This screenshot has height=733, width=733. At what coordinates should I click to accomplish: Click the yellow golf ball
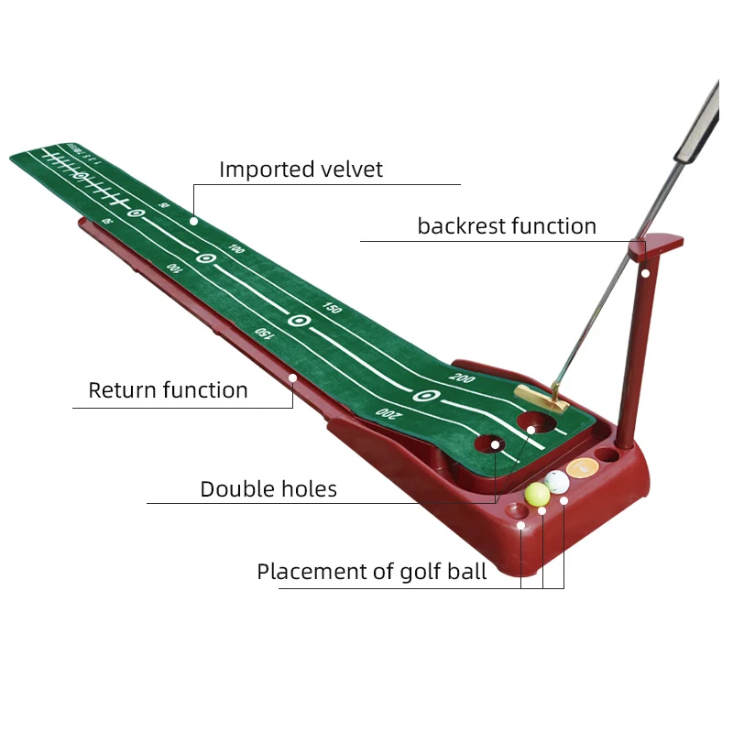tap(537, 493)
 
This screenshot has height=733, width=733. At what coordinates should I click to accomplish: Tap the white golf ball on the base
tap(556, 481)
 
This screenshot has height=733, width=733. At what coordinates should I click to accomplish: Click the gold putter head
tap(541, 396)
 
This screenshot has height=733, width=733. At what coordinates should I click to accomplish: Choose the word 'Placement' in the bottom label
tap(312, 573)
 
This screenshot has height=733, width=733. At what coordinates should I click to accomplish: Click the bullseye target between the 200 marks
tap(423, 396)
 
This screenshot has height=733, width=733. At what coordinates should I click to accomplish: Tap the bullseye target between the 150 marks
tap(297, 321)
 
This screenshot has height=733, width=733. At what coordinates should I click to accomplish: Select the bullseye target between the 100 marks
tap(206, 258)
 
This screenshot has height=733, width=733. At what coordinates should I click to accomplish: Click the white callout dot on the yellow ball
tap(542, 509)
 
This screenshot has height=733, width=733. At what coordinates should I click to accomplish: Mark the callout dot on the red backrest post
tap(645, 272)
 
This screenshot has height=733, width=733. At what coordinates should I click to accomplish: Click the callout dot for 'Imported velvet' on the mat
tap(193, 221)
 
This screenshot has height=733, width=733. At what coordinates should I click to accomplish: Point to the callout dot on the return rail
tap(292, 377)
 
